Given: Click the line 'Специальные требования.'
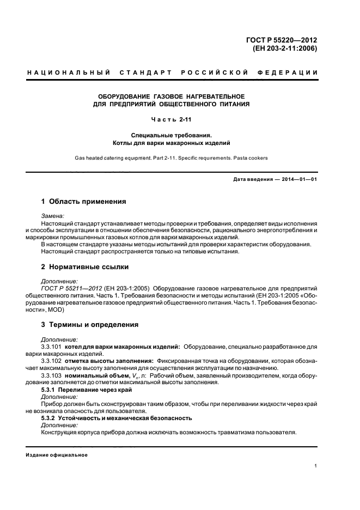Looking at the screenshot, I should click(171, 135).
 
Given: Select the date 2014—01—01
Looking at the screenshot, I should click(298, 180).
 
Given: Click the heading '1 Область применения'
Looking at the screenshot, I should click(84, 202).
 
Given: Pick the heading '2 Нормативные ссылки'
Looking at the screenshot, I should click(85, 267).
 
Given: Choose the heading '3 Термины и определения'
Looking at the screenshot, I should click(90, 325).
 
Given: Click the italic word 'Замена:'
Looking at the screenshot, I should click(53, 216).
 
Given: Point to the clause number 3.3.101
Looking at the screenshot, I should click(51, 347).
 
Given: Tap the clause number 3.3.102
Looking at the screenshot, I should click(51, 361).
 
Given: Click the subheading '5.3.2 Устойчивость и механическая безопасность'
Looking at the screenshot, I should click(117, 418).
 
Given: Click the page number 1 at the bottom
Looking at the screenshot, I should click(316, 466).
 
